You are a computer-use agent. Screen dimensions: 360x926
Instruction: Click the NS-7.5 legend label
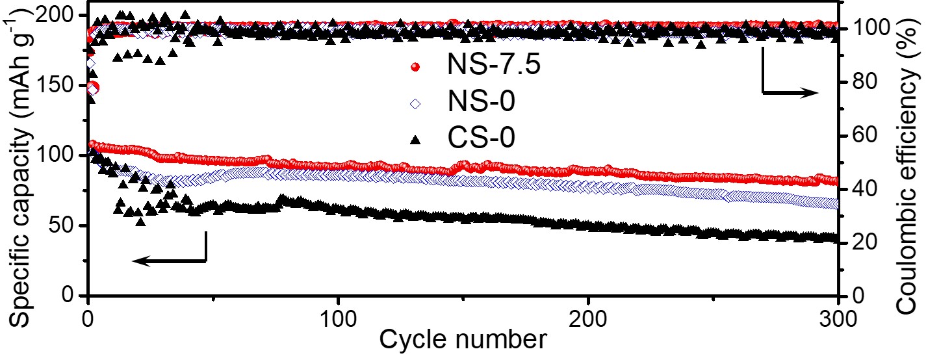point(492,67)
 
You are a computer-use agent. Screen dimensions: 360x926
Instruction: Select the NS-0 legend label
point(477,102)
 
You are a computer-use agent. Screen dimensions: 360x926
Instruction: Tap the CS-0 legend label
point(478,138)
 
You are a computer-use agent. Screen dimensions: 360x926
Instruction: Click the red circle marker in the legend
point(416,68)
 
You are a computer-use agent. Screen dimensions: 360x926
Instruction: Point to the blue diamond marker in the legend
point(416,103)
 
